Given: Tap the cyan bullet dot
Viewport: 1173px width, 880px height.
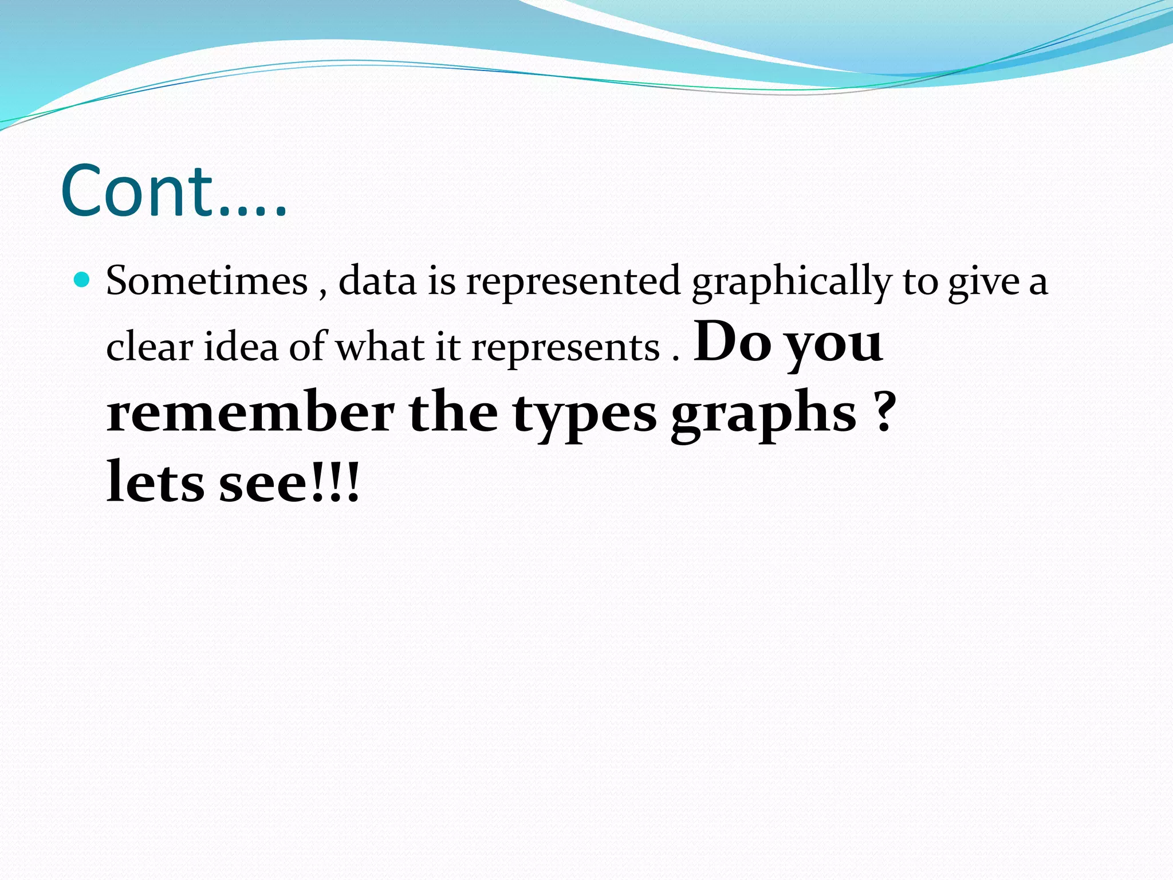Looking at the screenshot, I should click(83, 280).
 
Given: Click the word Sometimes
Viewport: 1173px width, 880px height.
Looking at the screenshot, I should click(207, 281).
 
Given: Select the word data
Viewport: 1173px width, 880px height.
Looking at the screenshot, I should click(377, 281).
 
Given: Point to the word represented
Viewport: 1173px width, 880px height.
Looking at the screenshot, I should click(573, 281).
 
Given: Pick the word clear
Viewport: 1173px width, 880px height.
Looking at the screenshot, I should click(149, 347).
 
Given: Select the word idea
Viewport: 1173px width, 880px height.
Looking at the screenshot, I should click(241, 347).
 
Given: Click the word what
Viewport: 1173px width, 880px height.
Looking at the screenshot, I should click(380, 347).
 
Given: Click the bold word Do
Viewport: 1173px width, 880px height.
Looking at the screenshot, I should click(732, 342).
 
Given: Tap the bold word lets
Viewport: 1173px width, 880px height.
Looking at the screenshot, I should click(155, 482).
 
